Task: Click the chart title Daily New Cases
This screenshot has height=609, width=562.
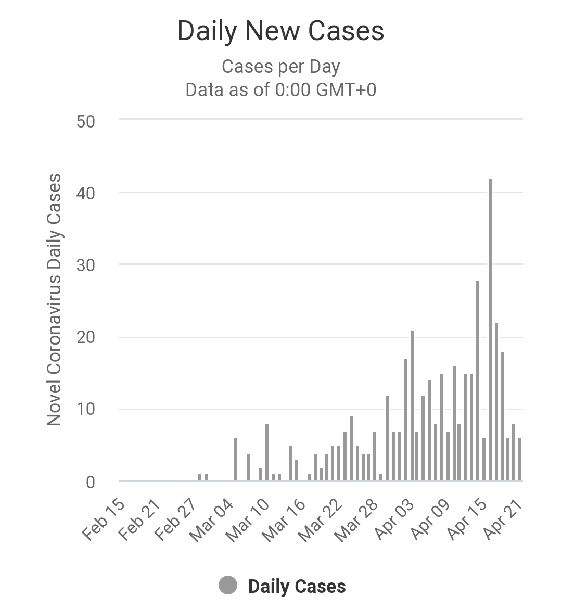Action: click(280, 31)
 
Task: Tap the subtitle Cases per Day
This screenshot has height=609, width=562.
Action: click(280, 67)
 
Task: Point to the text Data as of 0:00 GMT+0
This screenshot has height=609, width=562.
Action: click(280, 90)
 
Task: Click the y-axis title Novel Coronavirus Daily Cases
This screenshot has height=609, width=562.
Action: click(54, 300)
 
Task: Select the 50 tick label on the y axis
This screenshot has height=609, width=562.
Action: click(85, 122)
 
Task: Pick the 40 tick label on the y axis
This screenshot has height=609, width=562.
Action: click(85, 193)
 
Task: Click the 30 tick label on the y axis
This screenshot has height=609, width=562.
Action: click(85, 265)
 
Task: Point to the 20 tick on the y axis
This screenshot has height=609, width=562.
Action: click(85, 338)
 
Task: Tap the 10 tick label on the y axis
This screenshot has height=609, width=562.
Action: click(85, 410)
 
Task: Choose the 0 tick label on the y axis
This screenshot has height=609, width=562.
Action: click(91, 483)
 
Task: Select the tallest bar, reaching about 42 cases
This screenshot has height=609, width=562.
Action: click(490, 330)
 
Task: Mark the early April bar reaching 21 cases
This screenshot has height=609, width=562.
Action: click(412, 405)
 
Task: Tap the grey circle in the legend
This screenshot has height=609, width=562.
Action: click(228, 586)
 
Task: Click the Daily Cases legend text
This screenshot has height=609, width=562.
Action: click(297, 587)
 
